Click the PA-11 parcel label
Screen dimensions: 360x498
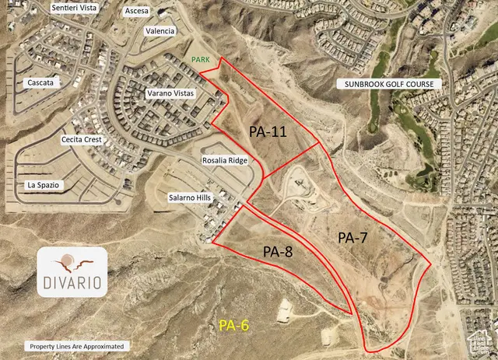[268, 131]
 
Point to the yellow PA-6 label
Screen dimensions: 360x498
[233, 325]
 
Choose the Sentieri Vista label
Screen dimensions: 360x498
[75, 7]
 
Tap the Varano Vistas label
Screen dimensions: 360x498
[170, 93]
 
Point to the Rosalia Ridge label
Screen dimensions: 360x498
[225, 160]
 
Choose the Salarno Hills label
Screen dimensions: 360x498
[190, 199]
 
